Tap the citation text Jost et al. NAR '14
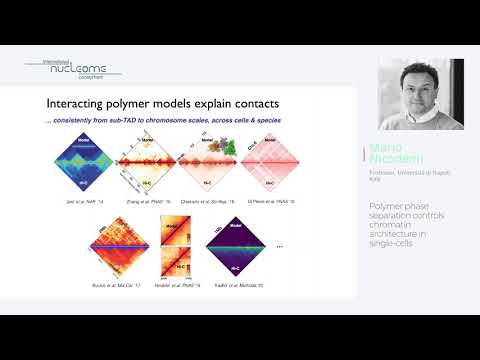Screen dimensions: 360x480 [91, 202]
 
